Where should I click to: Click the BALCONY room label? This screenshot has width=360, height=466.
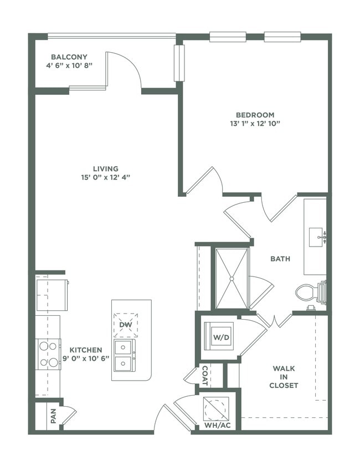click(x=69, y=57)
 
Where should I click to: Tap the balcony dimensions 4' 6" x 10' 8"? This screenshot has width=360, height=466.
click(x=69, y=65)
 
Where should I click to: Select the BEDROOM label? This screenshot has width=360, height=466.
click(x=255, y=115)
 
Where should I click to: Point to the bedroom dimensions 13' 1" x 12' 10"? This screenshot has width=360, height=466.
click(x=255, y=124)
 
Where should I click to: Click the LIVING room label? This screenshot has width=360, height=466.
click(x=105, y=168)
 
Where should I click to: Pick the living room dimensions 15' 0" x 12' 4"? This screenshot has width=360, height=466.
click(x=105, y=177)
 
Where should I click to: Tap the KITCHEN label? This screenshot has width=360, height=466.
click(x=86, y=350)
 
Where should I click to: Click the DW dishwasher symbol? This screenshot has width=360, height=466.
click(x=125, y=325)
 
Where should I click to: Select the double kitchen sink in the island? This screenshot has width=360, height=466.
click(x=125, y=355)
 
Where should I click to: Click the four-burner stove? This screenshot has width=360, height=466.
click(x=48, y=354)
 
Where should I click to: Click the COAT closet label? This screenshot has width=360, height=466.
click(x=204, y=375)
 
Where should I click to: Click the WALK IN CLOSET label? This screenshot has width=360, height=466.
click(x=285, y=376)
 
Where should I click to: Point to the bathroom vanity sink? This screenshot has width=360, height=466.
click(x=318, y=237)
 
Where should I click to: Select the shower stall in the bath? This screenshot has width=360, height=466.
click(x=232, y=278)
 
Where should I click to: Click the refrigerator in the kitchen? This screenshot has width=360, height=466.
click(x=52, y=295)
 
